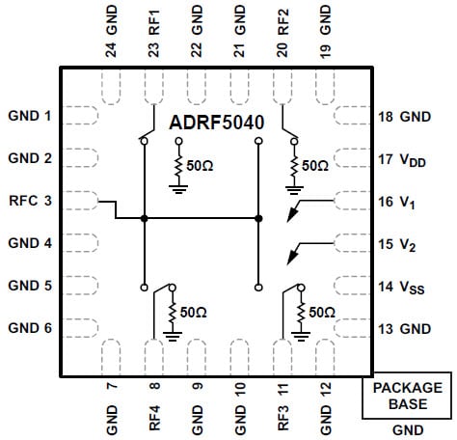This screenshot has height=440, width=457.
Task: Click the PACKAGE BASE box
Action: pos(408,397)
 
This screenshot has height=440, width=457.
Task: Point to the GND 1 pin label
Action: pos(29,116)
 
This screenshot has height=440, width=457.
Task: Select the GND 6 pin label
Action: pos(29,328)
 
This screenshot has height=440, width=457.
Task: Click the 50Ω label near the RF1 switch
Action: pos(201,165)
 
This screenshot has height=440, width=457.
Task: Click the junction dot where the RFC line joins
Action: pos(144,219)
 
